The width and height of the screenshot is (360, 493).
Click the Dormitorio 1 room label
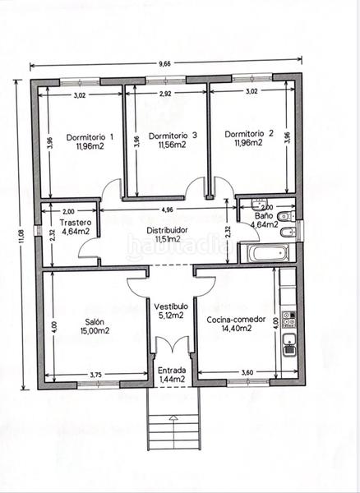pos(90,136)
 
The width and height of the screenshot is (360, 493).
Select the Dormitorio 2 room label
pos(248,133)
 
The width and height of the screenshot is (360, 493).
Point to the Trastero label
pos(75,222)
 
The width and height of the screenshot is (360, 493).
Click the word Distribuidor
pos(168,230)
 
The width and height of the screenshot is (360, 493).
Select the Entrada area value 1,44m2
pos(173,381)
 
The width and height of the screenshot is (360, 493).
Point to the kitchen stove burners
pos(288,315)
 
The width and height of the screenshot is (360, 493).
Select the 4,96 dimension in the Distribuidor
pos(167,210)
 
